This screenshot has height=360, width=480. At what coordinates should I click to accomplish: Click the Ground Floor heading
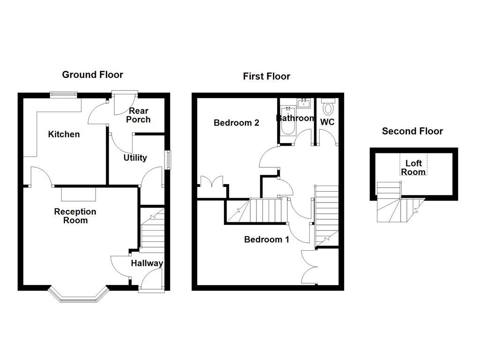point(92,75)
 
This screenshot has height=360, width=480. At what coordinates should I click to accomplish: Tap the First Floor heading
point(266,76)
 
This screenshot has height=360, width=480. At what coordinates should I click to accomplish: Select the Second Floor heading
point(412,131)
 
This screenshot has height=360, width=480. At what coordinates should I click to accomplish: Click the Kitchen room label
point(64,135)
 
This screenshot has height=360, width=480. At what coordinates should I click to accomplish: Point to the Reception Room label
point(75,216)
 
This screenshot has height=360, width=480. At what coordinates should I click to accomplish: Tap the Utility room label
point(135,158)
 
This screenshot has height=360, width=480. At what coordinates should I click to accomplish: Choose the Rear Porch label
point(138,115)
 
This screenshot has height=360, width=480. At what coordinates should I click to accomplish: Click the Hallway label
point(147,263)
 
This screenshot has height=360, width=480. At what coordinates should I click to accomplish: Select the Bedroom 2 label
point(236,123)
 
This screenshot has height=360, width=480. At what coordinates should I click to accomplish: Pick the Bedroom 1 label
point(266,240)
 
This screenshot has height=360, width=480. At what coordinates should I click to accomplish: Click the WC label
point(327,122)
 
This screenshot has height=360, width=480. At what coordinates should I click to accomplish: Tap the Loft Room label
point(413,167)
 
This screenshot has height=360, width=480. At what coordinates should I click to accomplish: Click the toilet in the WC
point(328,107)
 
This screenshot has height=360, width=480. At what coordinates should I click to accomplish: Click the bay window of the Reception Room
point(79,294)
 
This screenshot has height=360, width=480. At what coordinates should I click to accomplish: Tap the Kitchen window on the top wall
point(64,94)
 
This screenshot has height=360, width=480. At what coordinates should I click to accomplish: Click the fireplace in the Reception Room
point(78,193)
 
